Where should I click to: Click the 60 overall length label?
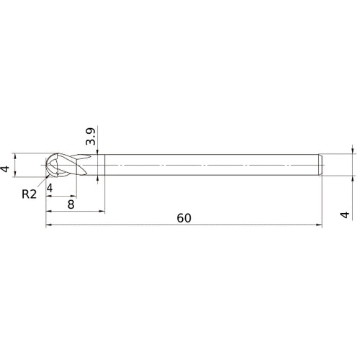point(184,218)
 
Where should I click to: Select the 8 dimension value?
point(71,204)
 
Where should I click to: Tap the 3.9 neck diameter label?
point(91,137)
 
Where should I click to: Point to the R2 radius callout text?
point(29,194)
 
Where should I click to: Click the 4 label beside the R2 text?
point(50,188)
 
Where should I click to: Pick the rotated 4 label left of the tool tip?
point(5,168)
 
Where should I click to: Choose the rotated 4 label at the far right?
point(345,215)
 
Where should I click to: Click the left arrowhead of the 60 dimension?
point(48,225)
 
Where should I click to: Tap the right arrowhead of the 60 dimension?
point(319,225)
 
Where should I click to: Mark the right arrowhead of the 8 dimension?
point(102,211)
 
